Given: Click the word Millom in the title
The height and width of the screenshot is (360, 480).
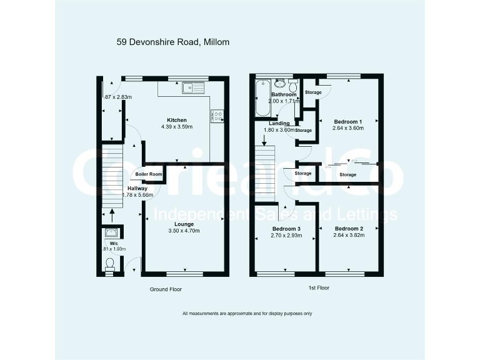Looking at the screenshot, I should (x=216, y=42).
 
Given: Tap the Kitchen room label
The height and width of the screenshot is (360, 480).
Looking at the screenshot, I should (x=176, y=120).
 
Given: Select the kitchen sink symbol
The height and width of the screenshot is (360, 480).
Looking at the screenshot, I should (x=193, y=88).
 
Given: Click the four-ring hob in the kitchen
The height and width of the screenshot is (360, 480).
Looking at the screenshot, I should (x=218, y=115).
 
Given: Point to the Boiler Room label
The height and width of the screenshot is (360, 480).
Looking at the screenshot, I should (x=149, y=174).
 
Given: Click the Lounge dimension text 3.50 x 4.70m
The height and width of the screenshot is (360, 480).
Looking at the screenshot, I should (x=184, y=231).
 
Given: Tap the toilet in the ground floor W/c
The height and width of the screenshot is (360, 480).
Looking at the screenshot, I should (x=111, y=265).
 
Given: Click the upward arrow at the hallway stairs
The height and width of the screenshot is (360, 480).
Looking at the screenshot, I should (x=112, y=215).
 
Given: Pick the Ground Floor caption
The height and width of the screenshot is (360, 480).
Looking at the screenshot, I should (x=166, y=289).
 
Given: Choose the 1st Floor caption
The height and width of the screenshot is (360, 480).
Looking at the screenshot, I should (x=319, y=288).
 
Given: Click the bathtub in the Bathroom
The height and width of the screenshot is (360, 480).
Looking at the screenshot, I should (x=261, y=97).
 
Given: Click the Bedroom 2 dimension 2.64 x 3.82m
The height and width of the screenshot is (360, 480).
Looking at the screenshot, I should (x=349, y=236).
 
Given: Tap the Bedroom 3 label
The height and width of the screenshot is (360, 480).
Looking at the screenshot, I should (x=286, y=229).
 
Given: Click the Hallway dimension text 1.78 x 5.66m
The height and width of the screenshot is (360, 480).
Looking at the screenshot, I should (x=137, y=195).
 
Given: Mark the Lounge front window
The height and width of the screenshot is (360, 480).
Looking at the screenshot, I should (x=185, y=274).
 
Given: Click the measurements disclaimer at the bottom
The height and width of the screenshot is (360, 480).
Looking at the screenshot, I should (x=247, y=313).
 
